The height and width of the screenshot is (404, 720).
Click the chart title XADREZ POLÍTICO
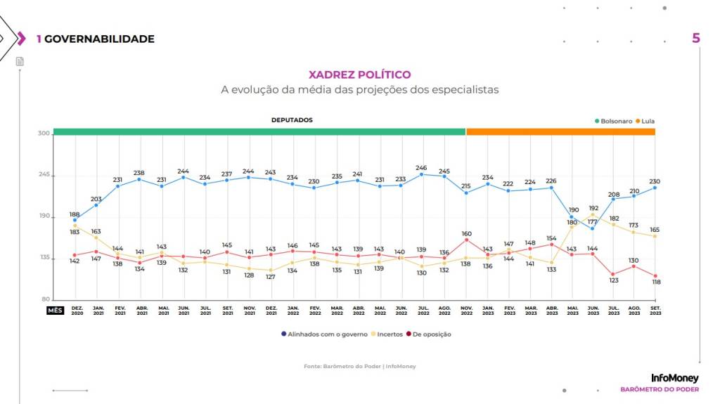click(x=360, y=74)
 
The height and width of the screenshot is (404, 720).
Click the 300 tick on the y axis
click(x=44, y=133)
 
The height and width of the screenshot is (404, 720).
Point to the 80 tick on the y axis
click(x=46, y=299)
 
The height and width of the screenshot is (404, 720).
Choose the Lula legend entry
click(x=645, y=121)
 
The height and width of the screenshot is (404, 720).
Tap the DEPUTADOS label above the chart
click(x=292, y=120)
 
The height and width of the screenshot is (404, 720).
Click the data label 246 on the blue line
click(x=422, y=167)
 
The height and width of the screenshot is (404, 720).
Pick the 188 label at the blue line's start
click(x=74, y=214)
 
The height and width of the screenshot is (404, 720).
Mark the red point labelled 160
click(x=465, y=240)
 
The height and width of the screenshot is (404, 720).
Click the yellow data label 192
click(x=593, y=208)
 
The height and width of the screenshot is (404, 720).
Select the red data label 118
click(x=655, y=282)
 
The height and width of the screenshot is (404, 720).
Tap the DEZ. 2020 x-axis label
click(x=77, y=311)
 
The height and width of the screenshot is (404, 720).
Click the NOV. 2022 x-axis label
click(x=465, y=311)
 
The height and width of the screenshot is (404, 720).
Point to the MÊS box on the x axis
click(x=55, y=309)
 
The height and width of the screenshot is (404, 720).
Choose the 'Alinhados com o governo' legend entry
click(x=323, y=334)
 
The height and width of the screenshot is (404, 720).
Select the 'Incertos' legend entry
click(x=388, y=334)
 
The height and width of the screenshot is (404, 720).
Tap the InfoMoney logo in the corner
click(x=675, y=378)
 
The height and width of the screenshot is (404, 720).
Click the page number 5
click(x=696, y=38)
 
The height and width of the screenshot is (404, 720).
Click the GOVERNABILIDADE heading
click(x=99, y=39)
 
